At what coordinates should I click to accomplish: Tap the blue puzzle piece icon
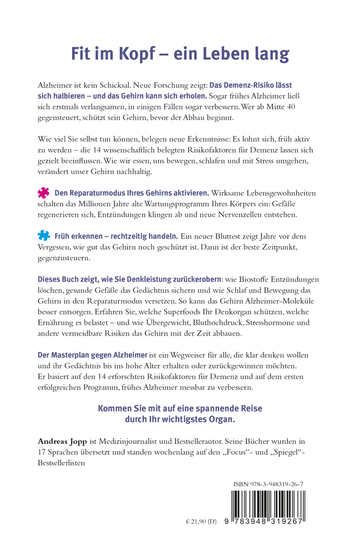point(43,236)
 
